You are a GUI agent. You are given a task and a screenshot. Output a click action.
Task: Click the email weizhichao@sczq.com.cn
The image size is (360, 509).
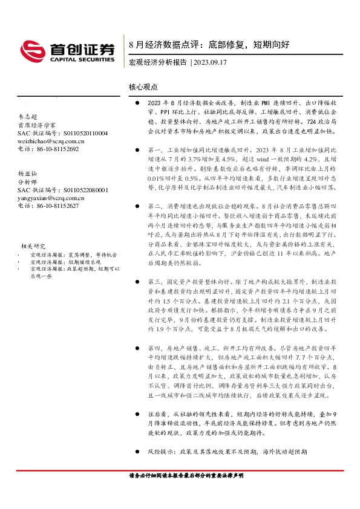tap(51, 141)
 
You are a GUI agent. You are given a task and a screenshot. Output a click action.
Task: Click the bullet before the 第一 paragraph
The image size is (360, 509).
tap(138, 149)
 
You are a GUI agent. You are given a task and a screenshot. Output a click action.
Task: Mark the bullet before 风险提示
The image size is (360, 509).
tap(138, 451)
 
